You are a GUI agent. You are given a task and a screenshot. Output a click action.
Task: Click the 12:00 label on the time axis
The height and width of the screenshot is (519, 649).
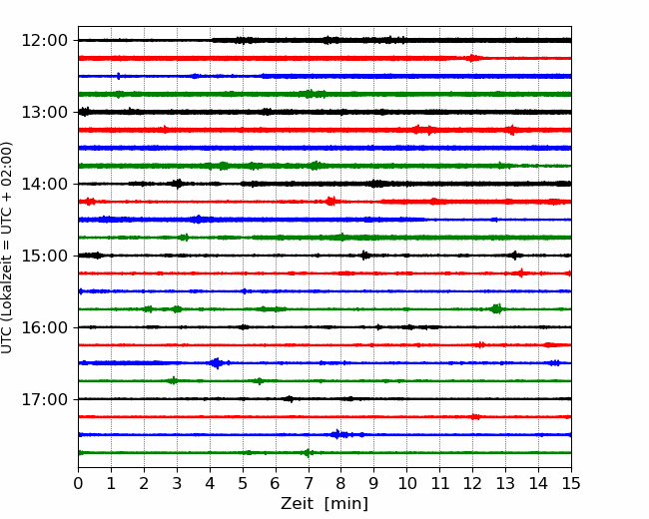[x=44, y=41]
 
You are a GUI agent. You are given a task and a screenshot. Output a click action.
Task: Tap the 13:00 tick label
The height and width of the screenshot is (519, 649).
[x=44, y=112]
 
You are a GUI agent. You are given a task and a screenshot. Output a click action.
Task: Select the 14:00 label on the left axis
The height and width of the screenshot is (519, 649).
[x=44, y=184]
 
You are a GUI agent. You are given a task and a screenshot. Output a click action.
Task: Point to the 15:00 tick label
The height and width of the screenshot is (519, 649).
[x=44, y=256]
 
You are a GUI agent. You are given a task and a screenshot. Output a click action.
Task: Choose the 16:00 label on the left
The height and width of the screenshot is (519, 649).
[x=44, y=327]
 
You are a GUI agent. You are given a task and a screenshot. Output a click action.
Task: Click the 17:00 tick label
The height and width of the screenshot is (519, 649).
[x=44, y=399]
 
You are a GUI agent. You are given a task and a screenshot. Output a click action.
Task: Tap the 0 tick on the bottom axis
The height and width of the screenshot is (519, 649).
[x=78, y=483]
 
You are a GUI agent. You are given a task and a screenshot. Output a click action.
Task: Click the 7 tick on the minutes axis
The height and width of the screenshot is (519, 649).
[x=308, y=483]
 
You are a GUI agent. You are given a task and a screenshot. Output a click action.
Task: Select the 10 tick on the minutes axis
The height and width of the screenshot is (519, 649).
[x=406, y=483]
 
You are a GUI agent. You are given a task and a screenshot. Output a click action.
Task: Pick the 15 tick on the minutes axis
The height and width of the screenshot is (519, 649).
[x=571, y=483]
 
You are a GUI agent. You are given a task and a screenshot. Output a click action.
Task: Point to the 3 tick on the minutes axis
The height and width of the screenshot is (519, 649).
[x=177, y=483]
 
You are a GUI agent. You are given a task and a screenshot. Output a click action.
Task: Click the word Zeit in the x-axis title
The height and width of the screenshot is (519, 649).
[x=297, y=503]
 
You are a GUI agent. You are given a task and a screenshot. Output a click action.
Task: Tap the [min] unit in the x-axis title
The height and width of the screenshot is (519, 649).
[x=346, y=504]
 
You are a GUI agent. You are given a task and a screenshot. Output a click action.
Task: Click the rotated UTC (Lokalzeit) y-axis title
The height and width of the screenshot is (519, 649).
[x=7, y=248]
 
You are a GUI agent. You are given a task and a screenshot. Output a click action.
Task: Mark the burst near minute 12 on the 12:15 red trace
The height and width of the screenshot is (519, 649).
[x=472, y=58]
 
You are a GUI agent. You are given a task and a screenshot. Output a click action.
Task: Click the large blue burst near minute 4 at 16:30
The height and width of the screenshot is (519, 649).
[x=216, y=363]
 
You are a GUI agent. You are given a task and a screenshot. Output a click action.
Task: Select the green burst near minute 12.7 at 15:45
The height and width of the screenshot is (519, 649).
[x=496, y=308]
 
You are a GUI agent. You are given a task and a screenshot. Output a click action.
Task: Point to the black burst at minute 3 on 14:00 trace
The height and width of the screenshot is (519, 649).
[x=178, y=184]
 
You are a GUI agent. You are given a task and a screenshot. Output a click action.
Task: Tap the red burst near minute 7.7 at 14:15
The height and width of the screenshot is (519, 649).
[x=330, y=202]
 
